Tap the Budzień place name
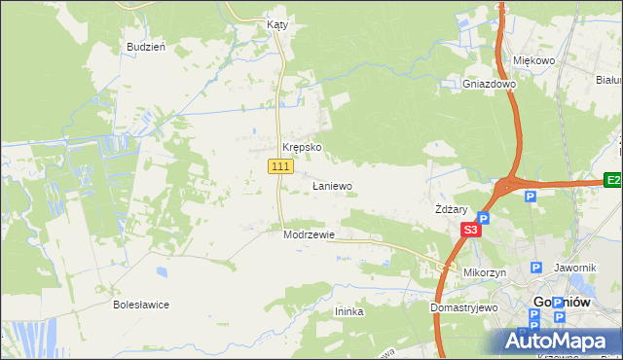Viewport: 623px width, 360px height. point(146,47)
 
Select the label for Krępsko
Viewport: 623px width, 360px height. point(302,148)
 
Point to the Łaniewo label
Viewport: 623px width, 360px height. point(331,186)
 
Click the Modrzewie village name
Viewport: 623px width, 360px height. point(309,234)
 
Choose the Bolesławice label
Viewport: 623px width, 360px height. point(141,305)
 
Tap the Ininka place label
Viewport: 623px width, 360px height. point(348,311)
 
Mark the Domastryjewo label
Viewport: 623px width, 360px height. point(464,307)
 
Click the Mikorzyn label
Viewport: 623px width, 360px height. point(485,273)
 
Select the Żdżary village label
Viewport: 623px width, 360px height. point(452,209)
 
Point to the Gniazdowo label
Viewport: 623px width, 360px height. point(489,84)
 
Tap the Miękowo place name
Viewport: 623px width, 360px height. point(533,60)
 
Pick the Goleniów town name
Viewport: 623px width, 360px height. point(563,303)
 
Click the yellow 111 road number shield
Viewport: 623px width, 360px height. point(280,167)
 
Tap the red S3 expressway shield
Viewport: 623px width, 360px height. point(470,231)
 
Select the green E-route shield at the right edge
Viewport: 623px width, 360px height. point(612,180)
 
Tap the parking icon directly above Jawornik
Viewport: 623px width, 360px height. point(535,268)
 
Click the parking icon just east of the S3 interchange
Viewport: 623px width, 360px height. point(530,197)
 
